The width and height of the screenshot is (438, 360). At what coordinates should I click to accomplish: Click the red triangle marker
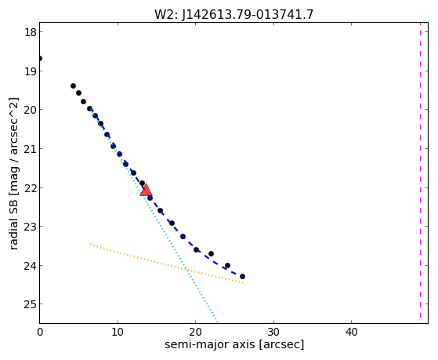coord(146,190)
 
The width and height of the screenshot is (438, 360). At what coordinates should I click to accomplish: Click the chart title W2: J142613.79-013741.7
coord(233,15)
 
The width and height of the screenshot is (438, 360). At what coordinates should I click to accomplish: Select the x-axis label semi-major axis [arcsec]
coord(234,344)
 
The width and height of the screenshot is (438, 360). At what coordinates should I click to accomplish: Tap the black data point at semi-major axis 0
coord(40,59)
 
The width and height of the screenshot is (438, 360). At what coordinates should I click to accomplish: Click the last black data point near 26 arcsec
coord(242,276)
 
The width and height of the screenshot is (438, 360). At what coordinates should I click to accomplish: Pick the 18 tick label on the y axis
coord(31,32)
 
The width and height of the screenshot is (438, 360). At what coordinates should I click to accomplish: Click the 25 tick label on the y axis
coord(31,304)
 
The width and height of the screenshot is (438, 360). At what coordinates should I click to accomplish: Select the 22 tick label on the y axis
coord(31,187)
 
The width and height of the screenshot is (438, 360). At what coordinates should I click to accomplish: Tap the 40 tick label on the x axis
coord(351,332)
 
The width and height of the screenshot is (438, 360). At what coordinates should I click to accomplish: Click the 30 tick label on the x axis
coord(273,332)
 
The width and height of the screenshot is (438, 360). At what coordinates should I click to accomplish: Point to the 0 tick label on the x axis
coord(40,332)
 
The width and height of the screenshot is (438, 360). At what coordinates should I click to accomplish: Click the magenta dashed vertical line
coord(420,170)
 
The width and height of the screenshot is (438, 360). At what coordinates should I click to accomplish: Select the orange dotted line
coord(166,264)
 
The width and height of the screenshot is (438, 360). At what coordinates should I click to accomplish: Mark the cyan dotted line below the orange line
coord(202,296)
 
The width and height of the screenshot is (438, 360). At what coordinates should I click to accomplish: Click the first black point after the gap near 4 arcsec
coord(73,85)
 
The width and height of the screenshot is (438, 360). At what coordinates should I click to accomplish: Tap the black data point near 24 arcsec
coord(228,265)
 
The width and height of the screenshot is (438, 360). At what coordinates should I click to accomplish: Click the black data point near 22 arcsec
coord(212,253)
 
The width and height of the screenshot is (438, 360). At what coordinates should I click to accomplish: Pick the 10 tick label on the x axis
coord(118,332)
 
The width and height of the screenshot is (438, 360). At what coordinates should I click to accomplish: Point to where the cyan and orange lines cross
coord(186,270)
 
